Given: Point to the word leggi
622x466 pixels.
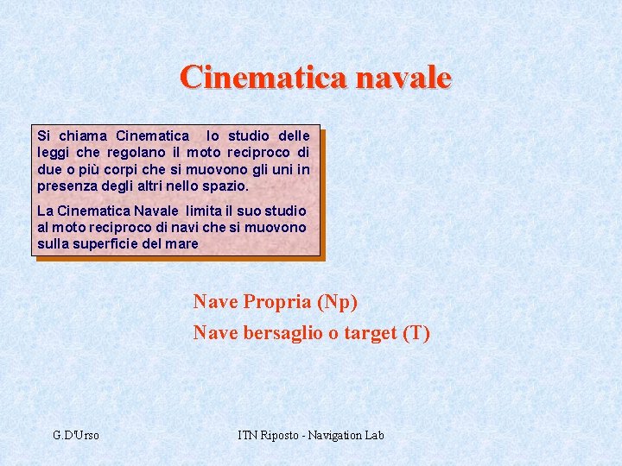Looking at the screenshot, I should [53, 152].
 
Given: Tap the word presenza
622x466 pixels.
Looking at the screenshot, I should [69, 186].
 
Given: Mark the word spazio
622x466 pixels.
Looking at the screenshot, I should [227, 186].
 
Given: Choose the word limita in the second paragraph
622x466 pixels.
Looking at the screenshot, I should [203, 211].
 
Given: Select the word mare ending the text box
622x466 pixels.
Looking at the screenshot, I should [183, 243].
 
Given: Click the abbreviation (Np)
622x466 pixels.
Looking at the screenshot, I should [337, 302].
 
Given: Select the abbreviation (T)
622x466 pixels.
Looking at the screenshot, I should [416, 333].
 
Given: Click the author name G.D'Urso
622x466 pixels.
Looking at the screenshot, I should [76, 435].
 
